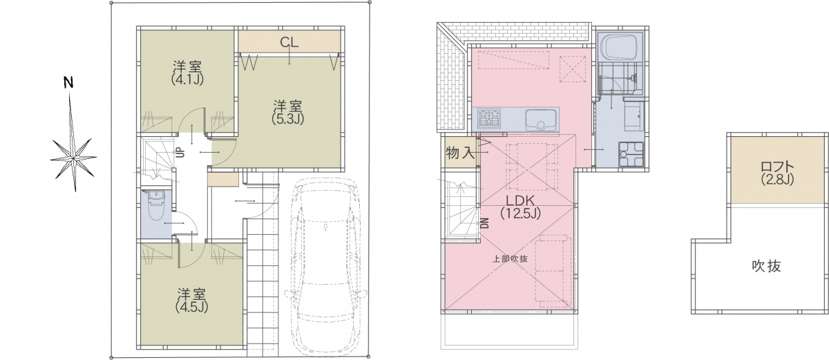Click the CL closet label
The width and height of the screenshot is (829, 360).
[x=289, y=42]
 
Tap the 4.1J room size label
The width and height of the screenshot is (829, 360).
[x=188, y=79]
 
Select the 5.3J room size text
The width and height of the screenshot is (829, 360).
[x=288, y=119]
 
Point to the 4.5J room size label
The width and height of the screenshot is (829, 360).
[x=191, y=307]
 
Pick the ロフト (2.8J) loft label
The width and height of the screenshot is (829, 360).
[x=778, y=173]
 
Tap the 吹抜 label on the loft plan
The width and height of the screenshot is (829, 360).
[x=766, y=266]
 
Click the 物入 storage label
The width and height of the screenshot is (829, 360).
[x=460, y=153]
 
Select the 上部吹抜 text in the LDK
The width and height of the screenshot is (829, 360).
[x=510, y=259]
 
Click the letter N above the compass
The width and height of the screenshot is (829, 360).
[x=68, y=83]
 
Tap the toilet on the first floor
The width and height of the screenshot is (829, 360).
[x=156, y=205]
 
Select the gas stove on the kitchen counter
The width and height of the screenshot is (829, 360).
[x=488, y=118]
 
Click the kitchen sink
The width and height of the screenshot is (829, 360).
[x=541, y=120]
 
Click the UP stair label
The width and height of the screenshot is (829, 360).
[x=180, y=153]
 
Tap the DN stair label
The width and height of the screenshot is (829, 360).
[x=484, y=223]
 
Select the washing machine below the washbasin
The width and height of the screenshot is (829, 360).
[x=631, y=154]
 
